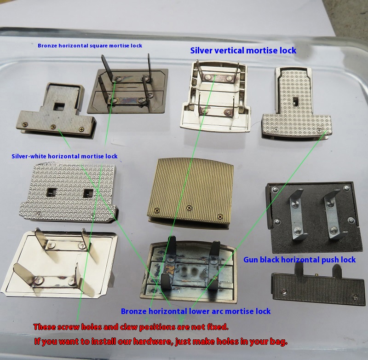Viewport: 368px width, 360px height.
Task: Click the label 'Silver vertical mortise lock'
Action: [243, 51]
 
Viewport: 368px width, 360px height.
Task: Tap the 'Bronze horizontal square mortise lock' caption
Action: [90, 46]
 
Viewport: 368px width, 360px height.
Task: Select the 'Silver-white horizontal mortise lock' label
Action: [64, 156]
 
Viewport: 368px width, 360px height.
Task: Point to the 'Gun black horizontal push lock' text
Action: [299, 260]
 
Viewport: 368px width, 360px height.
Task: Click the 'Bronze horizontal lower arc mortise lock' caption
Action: [196, 311]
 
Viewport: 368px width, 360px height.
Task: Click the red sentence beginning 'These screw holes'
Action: [131, 327]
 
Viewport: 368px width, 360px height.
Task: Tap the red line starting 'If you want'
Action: [161, 341]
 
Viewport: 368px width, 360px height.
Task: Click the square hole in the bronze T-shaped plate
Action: [58, 107]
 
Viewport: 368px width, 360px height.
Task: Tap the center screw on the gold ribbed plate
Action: [190, 208]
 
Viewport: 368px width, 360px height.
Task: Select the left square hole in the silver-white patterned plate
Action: [51, 192]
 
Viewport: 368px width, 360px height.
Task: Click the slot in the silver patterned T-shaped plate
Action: [295, 101]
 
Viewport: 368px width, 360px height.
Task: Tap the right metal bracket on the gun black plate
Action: [333, 215]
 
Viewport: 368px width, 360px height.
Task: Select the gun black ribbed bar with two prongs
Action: [318, 288]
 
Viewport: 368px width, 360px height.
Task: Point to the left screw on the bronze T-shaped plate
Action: [24, 123]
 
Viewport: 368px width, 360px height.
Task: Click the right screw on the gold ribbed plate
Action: [220, 216]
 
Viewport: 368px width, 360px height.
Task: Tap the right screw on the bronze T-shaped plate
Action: [81, 129]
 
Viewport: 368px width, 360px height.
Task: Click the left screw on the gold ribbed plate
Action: [156, 211]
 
